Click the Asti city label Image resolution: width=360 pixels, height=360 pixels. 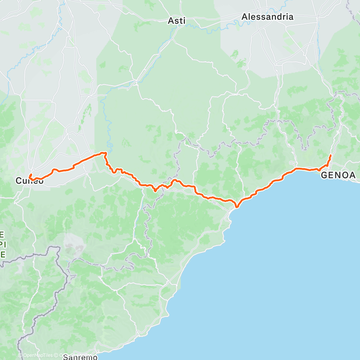[177, 21]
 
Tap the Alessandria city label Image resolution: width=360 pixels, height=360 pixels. [267, 17]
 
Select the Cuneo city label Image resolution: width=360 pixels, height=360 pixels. [30, 181]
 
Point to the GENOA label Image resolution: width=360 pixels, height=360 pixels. [338, 175]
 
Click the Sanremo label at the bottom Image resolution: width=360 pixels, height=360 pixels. [80, 357]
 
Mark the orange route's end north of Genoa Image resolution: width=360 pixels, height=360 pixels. [330, 155]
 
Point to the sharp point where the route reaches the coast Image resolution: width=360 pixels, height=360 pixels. [236, 207]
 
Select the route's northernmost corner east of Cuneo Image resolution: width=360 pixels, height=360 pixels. [105, 153]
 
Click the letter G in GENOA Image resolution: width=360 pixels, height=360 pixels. [324, 175]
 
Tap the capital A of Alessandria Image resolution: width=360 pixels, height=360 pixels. [244, 17]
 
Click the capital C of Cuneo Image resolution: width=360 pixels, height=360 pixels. [18, 181]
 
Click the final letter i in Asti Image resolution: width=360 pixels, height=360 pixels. [184, 21]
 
